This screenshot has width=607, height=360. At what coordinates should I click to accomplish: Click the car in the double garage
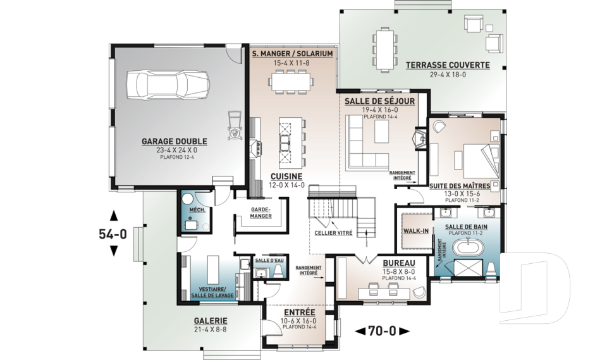point(168,85)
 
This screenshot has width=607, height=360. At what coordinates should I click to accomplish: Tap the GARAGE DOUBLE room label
point(175,142)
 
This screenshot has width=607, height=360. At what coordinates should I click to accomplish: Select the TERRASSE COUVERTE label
point(448,65)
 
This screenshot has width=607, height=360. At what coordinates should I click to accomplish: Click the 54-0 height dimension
point(113,234)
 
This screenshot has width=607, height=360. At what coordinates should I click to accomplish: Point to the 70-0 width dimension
point(382,331)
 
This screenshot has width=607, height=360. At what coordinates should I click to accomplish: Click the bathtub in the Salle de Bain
point(468,247)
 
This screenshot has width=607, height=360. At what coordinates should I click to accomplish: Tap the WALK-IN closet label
point(416,231)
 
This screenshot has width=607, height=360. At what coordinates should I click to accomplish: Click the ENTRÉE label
point(299,313)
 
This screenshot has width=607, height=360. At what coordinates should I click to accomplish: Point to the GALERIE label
point(210,321)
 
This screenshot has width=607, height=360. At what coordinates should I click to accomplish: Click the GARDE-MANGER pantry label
point(261,213)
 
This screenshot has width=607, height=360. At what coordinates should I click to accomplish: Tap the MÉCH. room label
point(195,210)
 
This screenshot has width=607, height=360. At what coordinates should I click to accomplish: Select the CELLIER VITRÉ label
point(333,233)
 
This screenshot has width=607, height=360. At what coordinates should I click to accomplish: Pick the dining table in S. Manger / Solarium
point(291,82)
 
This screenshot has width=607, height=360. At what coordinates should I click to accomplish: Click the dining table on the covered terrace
point(384,49)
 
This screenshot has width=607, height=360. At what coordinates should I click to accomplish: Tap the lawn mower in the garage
point(234,125)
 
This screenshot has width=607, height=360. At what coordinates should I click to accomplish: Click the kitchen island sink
point(285,142)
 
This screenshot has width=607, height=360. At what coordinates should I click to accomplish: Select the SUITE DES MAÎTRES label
point(460,186)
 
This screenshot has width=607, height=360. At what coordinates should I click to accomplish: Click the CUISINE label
point(286,177)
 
